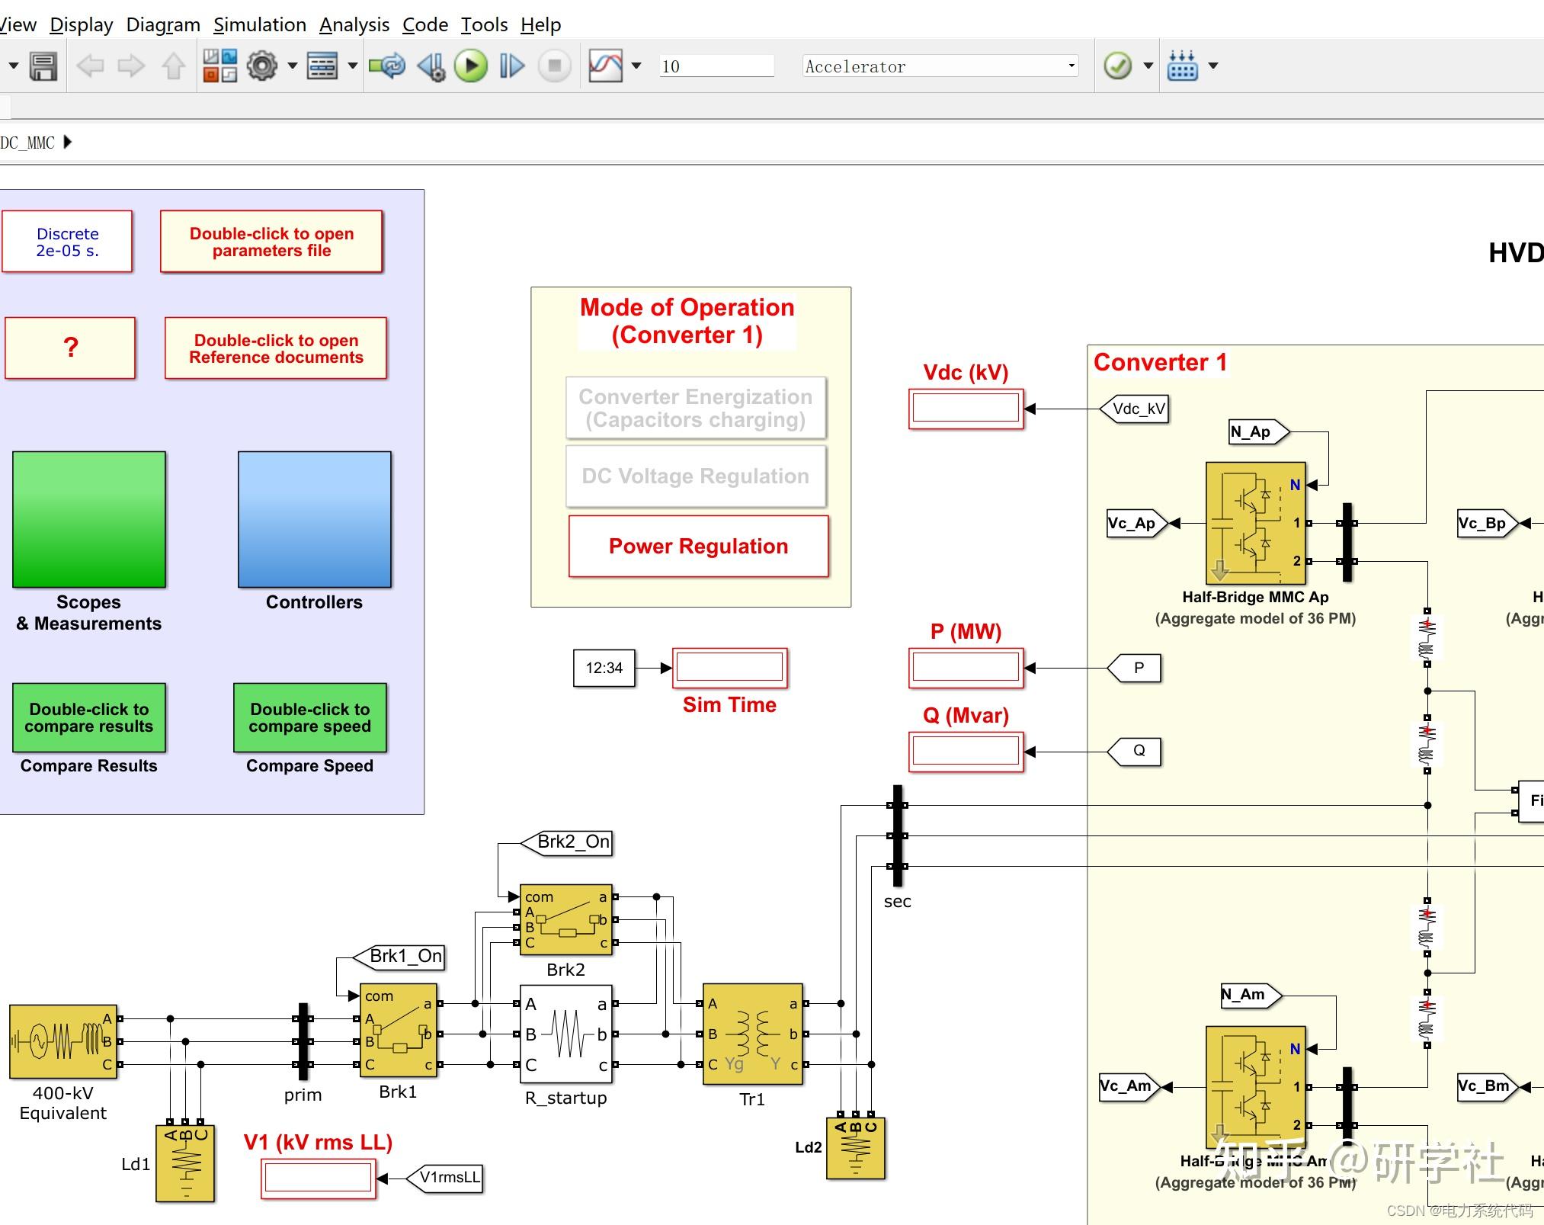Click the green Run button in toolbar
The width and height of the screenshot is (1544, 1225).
click(471, 66)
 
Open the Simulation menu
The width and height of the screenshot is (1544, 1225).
click(259, 24)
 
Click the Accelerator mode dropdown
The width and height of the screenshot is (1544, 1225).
click(940, 66)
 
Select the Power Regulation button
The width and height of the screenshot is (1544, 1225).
click(698, 547)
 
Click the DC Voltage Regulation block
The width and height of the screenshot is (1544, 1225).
click(695, 476)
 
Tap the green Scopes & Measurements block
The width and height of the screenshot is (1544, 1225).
click(89, 519)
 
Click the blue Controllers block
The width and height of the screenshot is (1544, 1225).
click(314, 519)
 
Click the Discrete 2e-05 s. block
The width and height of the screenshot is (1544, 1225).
click(67, 242)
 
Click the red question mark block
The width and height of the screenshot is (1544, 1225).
click(70, 348)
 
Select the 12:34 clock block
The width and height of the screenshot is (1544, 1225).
click(604, 668)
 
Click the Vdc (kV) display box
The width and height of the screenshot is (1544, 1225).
click(966, 409)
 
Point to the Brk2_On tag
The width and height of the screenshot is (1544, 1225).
click(569, 842)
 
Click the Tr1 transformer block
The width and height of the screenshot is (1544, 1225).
click(752, 1034)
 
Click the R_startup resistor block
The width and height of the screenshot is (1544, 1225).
click(566, 1034)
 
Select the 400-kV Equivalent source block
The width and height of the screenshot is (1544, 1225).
click(63, 1041)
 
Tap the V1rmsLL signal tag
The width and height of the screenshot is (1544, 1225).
click(447, 1178)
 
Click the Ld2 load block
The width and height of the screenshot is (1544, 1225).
click(855, 1148)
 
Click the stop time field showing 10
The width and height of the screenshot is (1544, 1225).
click(715, 66)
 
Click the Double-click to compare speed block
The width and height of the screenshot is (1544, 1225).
click(309, 717)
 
